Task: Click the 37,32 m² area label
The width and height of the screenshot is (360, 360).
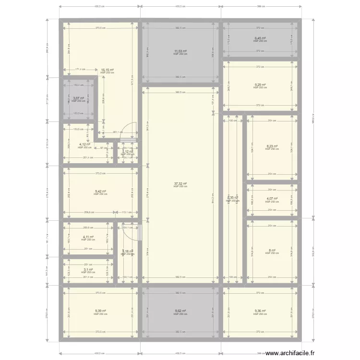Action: coord(180,183)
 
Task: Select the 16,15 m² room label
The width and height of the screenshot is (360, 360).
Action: coord(107,70)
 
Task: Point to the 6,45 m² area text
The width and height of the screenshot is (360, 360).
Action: coord(260,38)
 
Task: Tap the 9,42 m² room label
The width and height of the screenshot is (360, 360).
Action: coord(100,191)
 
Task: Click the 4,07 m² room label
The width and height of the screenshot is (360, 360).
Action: coord(271,199)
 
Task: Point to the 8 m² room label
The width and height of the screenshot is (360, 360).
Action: coord(271,250)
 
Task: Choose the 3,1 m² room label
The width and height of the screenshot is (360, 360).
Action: coord(87,270)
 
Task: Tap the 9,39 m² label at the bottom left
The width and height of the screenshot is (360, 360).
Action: coord(100,311)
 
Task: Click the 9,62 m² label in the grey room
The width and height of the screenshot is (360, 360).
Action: coord(180,311)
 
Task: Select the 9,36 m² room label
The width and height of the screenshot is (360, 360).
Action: coord(260,311)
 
